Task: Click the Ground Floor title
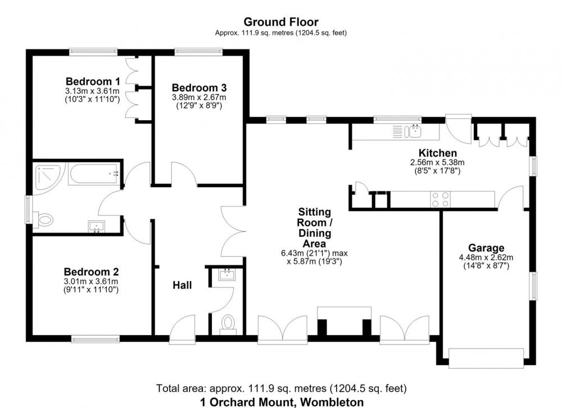(x=281, y=22)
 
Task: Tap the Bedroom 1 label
(x=93, y=81)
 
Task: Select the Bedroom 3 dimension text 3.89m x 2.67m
(x=199, y=97)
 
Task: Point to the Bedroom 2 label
(x=91, y=272)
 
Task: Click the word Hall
(x=182, y=285)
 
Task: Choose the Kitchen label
(x=438, y=153)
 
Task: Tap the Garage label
(x=486, y=247)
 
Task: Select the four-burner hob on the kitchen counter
(x=441, y=200)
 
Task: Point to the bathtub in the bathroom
(x=93, y=174)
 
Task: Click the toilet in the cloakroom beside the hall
(x=228, y=324)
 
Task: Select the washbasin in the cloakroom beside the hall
(x=227, y=274)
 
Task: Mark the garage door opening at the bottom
(x=486, y=357)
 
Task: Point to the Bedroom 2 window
(x=95, y=338)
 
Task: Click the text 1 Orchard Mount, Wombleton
(x=282, y=402)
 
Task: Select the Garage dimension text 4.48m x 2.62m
(x=486, y=258)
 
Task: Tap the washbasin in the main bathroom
(x=97, y=227)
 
